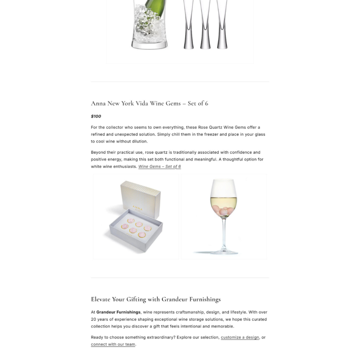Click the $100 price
click(96, 116)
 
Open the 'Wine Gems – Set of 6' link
click(160, 167)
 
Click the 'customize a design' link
click(240, 337)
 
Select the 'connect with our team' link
click(113, 345)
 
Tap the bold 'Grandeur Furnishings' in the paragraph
click(118, 312)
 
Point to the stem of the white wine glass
click(224, 232)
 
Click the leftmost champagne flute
click(188, 25)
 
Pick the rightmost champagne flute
click(222, 25)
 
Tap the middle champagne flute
click(205, 25)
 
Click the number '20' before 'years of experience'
click(94, 320)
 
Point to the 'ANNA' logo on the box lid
click(138, 208)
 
